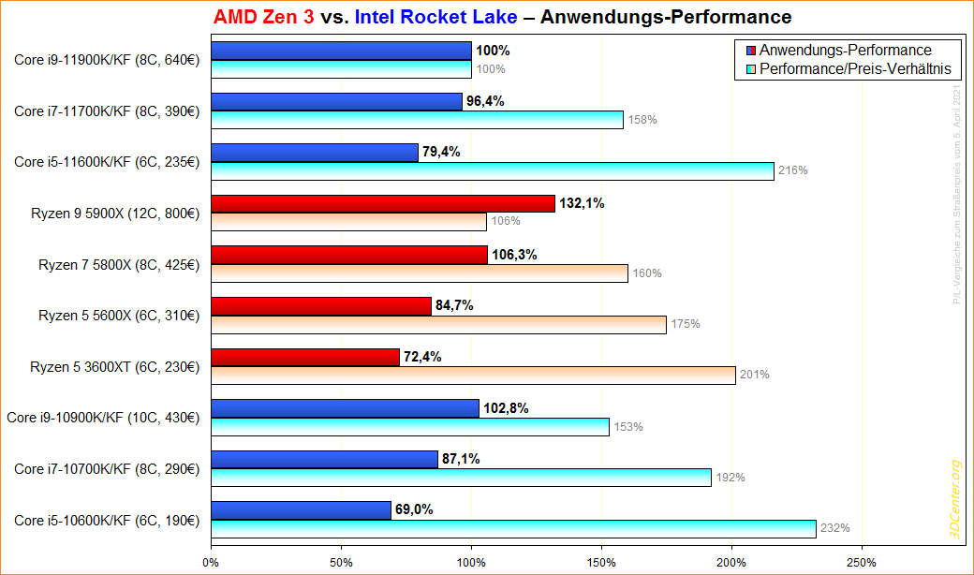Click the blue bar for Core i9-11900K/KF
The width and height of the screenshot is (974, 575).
(341, 51)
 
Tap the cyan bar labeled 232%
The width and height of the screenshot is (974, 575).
(513, 528)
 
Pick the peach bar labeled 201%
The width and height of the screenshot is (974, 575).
(473, 375)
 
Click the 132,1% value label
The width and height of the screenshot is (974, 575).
(582, 203)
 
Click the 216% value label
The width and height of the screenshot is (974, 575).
(792, 170)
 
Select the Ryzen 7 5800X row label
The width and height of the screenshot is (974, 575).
(119, 264)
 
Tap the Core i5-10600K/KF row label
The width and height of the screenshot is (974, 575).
(107, 520)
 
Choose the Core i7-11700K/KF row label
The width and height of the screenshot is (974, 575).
(107, 111)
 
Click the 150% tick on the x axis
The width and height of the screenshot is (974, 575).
(601, 562)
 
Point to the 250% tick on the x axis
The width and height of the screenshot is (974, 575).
(861, 562)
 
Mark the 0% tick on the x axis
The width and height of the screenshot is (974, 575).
(212, 562)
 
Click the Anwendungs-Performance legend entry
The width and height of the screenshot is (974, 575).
(845, 50)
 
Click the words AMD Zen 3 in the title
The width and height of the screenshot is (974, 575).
(263, 17)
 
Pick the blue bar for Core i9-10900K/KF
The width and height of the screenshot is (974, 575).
(345, 408)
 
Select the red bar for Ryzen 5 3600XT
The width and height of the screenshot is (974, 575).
(305, 357)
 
